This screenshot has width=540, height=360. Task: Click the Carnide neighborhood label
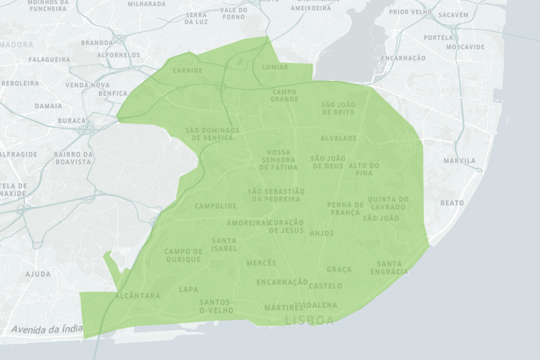[x=188, y=71]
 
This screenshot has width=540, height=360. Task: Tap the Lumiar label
[x=275, y=67]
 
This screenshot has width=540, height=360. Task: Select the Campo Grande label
[x=284, y=96]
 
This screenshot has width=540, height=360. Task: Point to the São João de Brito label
[x=338, y=108]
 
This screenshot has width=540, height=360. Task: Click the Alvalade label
[x=338, y=139]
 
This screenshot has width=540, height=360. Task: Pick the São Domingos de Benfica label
[x=209, y=134]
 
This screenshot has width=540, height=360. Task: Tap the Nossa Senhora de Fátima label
[x=279, y=160]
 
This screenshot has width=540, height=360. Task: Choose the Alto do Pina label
[x=364, y=169]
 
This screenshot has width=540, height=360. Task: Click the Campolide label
[x=216, y=206]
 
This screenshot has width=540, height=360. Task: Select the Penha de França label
[x=345, y=209]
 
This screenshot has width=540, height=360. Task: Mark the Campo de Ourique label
[x=184, y=256]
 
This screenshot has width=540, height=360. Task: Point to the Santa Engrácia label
[x=389, y=268]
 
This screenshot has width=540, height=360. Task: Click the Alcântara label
[x=137, y=296]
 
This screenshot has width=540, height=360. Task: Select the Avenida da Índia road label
[x=47, y=329]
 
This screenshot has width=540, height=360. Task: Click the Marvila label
[x=459, y=161]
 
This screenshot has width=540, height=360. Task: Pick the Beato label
[x=452, y=203]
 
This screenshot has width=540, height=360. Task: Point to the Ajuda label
[x=38, y=274]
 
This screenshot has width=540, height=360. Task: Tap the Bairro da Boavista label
[x=73, y=158]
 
